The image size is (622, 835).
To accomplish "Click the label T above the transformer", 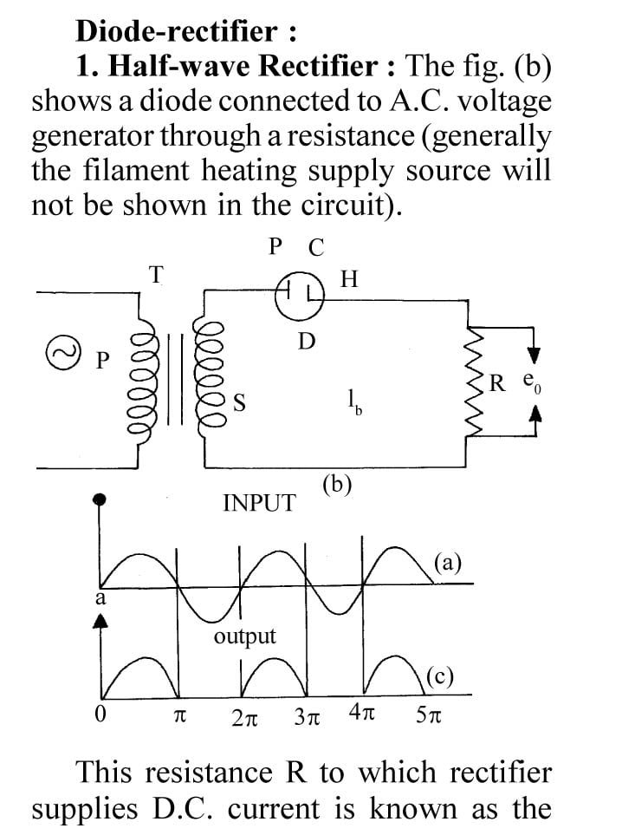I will tap(156, 275).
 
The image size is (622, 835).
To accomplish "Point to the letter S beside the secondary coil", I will tap(239, 401).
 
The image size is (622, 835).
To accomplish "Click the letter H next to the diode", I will tap(349, 279).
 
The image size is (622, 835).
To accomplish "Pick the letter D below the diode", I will tap(306, 341).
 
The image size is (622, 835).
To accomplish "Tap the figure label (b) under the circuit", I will tap(336, 485).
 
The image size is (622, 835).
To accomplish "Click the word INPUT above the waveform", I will tap(258, 503).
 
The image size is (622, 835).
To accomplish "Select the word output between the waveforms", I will tap(245, 636).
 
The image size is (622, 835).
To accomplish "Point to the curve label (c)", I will tap(440, 676).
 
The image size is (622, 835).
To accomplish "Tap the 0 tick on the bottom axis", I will tap(101, 716).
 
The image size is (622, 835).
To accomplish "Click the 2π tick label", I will tap(246, 718).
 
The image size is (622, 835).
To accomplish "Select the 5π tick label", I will tap(428, 718).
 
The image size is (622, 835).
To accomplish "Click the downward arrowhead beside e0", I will tap(535, 354).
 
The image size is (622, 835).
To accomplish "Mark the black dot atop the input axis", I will tap(101, 499).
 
